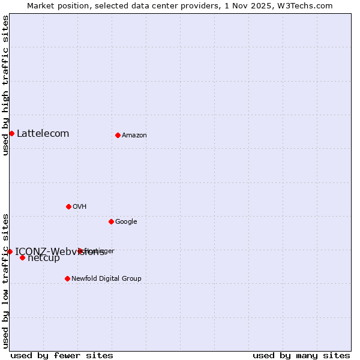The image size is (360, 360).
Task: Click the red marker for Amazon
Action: point(118,135)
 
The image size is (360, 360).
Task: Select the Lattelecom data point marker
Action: point(11,133)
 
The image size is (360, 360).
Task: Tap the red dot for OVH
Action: point(68,206)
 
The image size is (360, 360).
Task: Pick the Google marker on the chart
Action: point(111,221)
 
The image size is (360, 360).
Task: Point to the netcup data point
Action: point(22,258)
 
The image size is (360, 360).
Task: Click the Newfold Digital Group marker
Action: point(67,278)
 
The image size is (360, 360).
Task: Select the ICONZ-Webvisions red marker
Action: point(10,251)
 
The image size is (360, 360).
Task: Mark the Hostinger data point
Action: point(80,251)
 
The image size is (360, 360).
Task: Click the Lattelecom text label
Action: point(43,133)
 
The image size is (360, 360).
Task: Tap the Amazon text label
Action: point(134,135)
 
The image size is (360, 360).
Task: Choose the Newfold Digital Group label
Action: point(106,278)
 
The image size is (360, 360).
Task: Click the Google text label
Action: point(126,221)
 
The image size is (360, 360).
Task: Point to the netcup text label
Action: point(44,258)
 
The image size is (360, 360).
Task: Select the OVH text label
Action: point(80,206)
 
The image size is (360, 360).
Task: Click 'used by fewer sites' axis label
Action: point(62,355)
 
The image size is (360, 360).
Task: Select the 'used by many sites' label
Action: point(301,355)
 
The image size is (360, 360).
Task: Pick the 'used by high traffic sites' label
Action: point(5,86)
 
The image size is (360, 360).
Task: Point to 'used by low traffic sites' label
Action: point(5,281)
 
